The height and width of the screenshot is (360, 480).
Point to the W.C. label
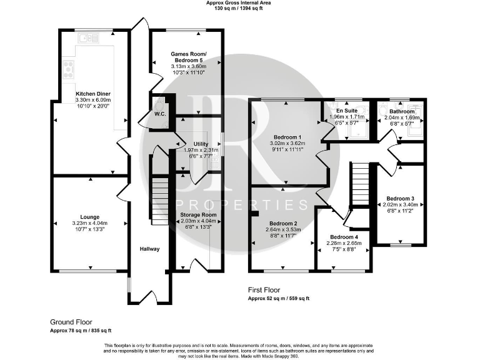159,114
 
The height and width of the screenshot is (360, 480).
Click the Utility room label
201,144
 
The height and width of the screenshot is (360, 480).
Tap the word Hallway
150,249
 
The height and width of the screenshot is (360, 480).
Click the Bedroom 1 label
288,137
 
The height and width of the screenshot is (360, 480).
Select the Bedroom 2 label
283,223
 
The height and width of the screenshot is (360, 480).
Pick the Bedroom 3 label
400,198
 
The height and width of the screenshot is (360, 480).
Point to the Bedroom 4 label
344,237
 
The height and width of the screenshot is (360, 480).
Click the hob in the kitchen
67,66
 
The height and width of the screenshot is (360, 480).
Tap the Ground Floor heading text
71,322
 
